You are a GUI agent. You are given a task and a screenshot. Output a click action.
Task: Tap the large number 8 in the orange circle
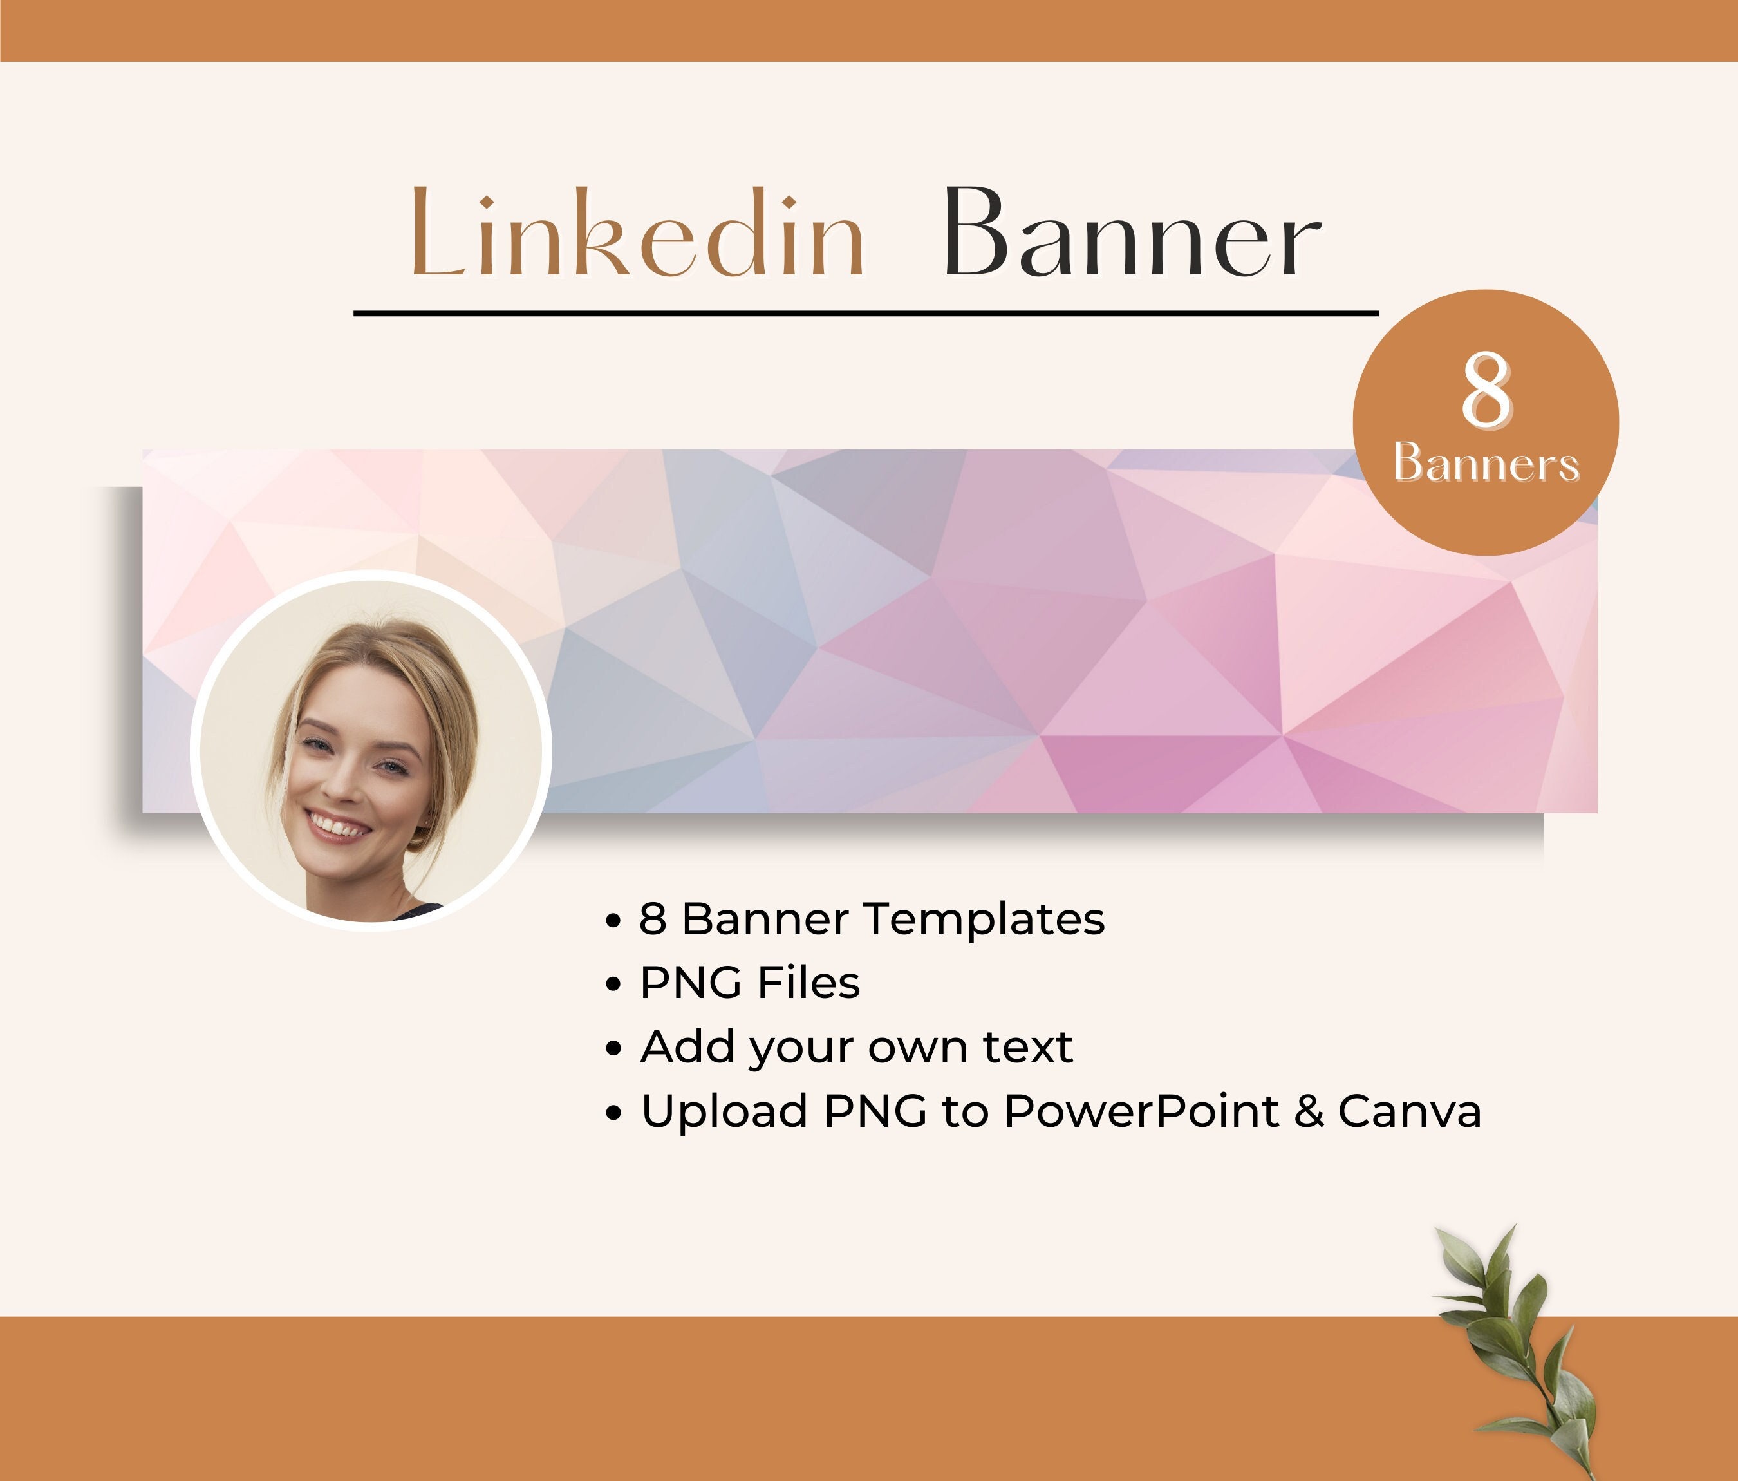coord(1486,390)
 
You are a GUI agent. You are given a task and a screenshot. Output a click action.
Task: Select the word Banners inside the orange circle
coord(1486,463)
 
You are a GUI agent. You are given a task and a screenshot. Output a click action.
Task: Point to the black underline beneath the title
coord(866,313)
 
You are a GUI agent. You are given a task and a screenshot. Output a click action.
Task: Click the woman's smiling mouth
coord(337,825)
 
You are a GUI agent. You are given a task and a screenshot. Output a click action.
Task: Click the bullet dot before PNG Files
coord(614,985)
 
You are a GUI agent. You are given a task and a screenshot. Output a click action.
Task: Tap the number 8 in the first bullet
coord(653,919)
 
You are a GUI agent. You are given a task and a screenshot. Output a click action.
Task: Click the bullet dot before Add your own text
coord(614,1049)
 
